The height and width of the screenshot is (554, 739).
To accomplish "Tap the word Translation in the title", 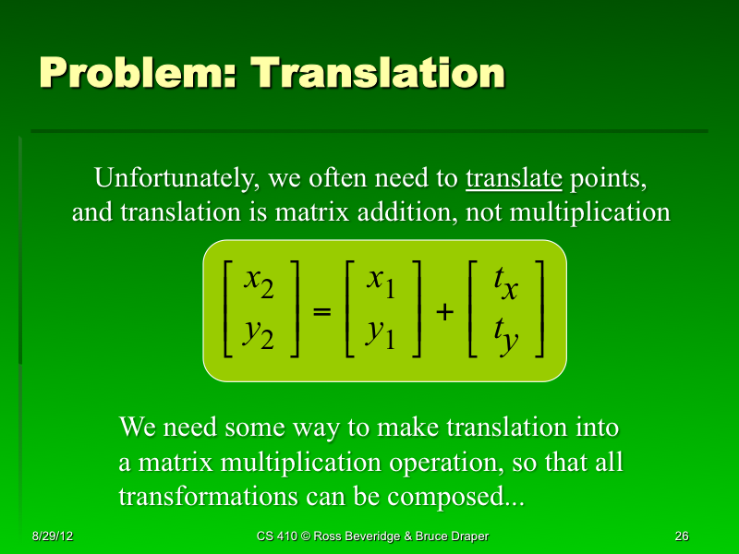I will tap(379, 73).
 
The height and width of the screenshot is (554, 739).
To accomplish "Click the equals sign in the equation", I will tap(322, 313).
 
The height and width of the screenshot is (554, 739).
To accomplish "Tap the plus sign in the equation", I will tap(444, 313).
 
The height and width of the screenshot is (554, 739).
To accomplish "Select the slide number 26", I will tap(682, 536).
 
